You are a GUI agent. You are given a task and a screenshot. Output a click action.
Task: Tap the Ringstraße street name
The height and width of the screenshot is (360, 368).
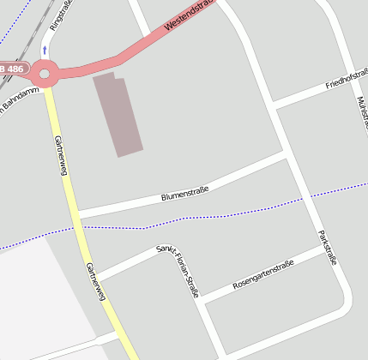pos(61,15)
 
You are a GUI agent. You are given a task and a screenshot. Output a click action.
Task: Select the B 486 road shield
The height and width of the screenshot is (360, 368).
pos(14,68)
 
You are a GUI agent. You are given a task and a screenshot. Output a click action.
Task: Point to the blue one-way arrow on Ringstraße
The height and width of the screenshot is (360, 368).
pos(45,49)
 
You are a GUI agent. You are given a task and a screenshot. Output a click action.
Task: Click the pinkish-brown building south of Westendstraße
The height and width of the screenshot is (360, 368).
pos(118,114)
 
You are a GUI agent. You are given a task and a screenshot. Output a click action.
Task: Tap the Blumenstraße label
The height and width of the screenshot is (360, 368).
pos(185,191)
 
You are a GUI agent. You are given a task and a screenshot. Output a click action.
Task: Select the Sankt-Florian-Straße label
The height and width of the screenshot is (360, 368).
pos(178,271)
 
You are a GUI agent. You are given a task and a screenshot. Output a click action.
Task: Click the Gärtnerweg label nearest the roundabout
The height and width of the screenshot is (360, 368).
pos(60,155)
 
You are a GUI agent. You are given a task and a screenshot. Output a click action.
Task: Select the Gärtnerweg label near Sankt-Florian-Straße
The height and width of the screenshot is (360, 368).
pos(95,281)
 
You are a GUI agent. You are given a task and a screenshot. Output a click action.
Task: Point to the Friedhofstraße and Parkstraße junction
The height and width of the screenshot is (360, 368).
pos(274,107)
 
